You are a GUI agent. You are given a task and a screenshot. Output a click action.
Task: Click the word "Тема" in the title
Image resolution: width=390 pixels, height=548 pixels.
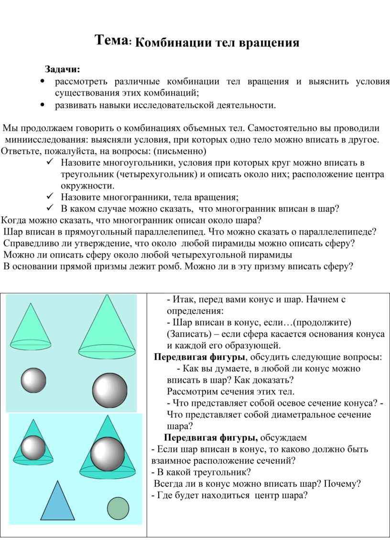coord(110,40)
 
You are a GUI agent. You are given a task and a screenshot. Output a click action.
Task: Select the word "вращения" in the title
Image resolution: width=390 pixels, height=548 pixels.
coord(271,43)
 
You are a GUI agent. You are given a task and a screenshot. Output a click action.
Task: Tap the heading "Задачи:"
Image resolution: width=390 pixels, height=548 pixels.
coord(63,70)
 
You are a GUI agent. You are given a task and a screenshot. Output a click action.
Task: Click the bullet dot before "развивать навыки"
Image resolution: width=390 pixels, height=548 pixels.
coord(43,104)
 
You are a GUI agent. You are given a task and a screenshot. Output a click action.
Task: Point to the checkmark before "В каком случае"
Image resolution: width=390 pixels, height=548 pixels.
coord(51,209)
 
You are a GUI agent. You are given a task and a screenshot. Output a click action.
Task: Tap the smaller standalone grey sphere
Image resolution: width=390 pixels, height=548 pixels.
coord(33,380)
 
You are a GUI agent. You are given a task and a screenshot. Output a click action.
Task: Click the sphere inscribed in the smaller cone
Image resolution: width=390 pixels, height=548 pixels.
coord(33,448)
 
